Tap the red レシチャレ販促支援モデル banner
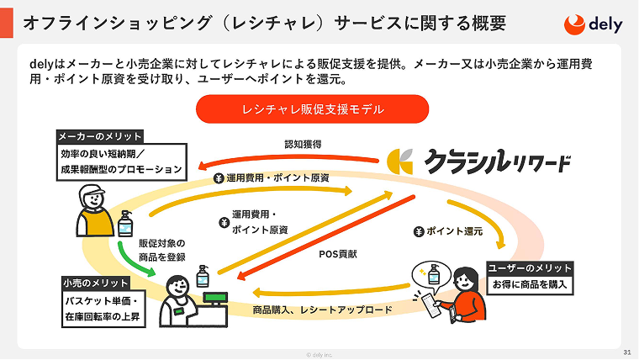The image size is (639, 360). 312,109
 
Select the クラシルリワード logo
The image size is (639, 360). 480,161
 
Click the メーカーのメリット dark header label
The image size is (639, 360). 100,136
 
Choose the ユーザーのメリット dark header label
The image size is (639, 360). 531,267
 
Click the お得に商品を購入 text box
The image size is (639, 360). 531,284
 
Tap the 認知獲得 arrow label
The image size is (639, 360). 303,144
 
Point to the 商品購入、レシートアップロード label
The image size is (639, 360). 323,310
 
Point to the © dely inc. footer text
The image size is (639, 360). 319,354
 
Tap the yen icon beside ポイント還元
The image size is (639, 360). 418,230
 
